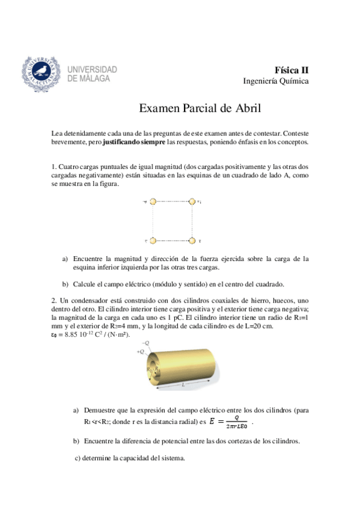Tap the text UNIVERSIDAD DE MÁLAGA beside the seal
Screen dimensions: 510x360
tap(93, 73)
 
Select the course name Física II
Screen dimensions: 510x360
tap(292, 69)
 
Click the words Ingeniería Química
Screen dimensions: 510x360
tap(276, 81)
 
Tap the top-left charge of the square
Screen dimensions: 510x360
tap(153, 203)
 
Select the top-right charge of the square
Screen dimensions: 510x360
tap(192, 203)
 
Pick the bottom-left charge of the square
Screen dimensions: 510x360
tap(153, 241)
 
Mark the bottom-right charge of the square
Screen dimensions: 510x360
tap(192, 241)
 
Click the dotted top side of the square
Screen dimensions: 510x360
tap(172, 203)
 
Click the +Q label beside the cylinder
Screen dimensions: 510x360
tap(141, 351)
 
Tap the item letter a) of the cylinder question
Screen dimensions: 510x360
tap(76, 410)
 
